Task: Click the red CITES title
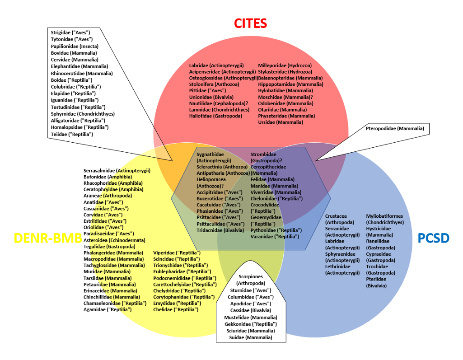point(250,23)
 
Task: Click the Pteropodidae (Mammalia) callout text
point(395,129)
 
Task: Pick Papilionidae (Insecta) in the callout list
point(75,46)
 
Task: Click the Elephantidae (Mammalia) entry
point(79,66)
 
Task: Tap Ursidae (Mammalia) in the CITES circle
point(281,122)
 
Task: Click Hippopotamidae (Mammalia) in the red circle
point(290,84)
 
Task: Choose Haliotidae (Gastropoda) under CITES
point(215,116)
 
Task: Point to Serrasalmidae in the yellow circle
point(117,171)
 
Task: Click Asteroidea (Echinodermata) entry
point(114,240)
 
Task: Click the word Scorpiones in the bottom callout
point(251,276)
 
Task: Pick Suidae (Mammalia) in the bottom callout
point(251,337)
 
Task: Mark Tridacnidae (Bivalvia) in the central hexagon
point(220,230)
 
